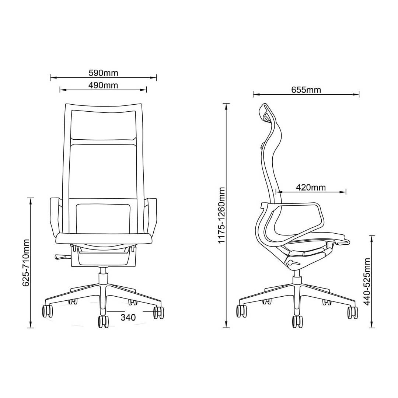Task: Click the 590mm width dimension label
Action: point(103,73)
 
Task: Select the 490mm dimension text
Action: point(103,85)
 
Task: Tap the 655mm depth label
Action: point(306,90)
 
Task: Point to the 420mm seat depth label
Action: point(311,188)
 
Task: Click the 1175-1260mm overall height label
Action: point(221,215)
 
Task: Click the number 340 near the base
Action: point(128,317)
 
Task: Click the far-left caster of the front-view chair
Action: point(47,311)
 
